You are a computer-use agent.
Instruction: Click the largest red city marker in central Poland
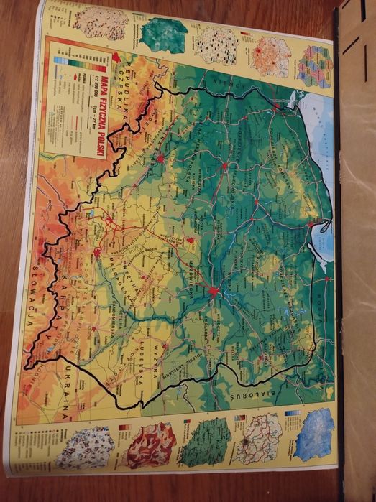[x=214, y=291]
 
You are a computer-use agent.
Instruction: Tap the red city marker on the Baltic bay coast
[x=311, y=225]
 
